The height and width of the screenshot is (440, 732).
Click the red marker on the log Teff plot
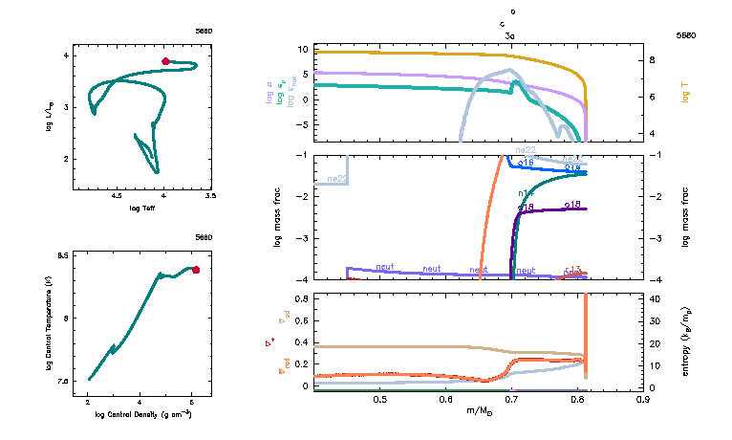point(165,61)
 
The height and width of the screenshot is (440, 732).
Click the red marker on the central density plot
point(196,270)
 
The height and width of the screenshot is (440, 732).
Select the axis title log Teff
point(141,207)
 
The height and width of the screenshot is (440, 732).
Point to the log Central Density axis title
point(141,415)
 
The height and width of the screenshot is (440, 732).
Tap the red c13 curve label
point(572,270)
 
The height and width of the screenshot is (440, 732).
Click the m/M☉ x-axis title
point(478,410)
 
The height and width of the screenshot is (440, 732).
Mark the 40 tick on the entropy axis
point(657,298)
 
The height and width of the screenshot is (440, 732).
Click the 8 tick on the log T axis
point(654,59)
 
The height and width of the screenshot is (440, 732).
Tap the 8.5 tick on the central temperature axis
point(62,256)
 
